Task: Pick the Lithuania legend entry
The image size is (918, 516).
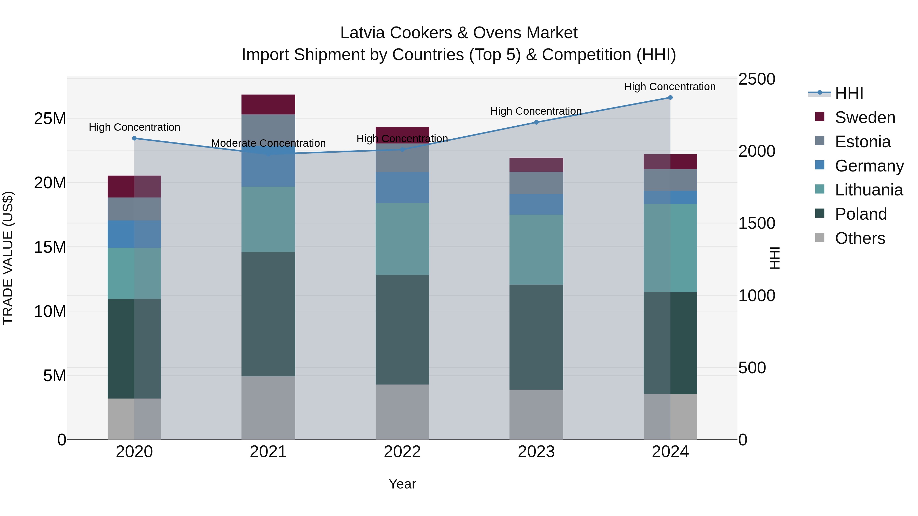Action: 869,190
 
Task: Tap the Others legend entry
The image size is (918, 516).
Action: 860,238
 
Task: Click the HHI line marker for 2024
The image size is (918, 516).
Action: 670,98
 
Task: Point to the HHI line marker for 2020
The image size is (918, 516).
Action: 134,138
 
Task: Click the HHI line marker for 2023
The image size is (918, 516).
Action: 536,122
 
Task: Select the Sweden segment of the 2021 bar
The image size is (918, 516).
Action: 268,104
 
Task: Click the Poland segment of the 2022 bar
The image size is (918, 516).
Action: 402,329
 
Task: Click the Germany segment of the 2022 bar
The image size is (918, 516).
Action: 402,188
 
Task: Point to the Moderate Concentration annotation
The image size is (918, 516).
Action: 268,143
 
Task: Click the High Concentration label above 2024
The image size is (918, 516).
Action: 670,87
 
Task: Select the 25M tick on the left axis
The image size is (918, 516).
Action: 50,118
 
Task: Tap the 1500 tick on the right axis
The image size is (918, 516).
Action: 756,223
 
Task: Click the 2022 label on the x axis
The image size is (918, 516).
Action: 402,452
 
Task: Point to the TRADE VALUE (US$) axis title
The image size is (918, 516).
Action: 8,258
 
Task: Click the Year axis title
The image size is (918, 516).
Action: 402,484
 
